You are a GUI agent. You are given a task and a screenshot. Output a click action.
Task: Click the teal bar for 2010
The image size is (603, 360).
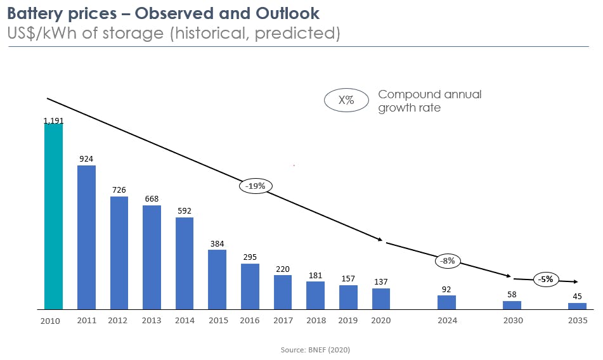(x=53, y=216)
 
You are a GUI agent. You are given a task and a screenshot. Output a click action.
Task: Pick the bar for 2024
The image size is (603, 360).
(x=446, y=302)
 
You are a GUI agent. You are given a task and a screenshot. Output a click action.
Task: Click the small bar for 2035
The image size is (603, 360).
(x=577, y=306)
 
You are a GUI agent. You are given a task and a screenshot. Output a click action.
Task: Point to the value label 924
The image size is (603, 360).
(x=86, y=158)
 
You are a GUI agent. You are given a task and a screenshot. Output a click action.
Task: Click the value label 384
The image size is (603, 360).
(x=217, y=243)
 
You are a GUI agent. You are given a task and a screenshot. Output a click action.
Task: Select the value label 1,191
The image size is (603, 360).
(x=53, y=120)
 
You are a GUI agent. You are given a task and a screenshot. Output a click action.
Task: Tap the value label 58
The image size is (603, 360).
(x=512, y=295)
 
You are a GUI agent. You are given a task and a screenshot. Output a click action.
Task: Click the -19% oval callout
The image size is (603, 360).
(x=256, y=186)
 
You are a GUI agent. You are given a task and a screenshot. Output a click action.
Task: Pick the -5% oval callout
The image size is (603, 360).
(x=546, y=279)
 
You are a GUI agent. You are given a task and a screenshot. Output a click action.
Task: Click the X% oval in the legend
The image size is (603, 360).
(x=346, y=100)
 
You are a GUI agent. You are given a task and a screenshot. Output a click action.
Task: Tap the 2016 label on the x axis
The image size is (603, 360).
(x=250, y=321)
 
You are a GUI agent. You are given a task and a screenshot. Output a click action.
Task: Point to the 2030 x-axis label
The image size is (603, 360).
(x=512, y=321)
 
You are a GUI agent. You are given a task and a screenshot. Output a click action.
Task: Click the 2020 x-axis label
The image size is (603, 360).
(x=381, y=321)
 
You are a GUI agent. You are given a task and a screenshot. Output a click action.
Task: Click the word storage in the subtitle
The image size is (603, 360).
(x=133, y=33)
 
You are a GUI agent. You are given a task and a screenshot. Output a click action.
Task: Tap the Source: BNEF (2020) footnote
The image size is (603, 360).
(x=315, y=350)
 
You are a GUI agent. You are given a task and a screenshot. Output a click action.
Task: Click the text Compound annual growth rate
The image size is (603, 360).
(x=429, y=101)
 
